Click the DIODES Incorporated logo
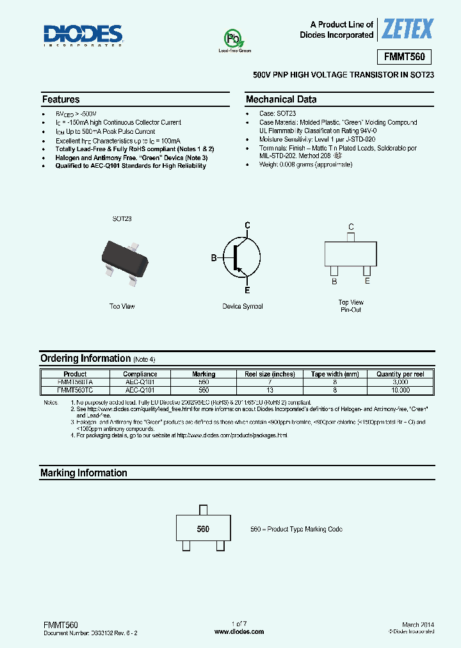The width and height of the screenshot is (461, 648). click(x=83, y=35)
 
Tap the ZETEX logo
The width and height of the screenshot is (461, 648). click(x=407, y=29)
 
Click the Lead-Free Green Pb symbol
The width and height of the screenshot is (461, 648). click(x=235, y=39)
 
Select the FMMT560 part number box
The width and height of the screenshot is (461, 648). click(x=404, y=56)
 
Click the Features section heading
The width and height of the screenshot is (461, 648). click(x=61, y=99)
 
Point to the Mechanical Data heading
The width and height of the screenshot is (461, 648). click(x=281, y=99)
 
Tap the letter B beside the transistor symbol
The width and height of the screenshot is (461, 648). click(x=214, y=258)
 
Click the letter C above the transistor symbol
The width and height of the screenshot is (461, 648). click(x=247, y=225)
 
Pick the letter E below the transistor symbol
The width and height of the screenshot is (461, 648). click(x=247, y=290)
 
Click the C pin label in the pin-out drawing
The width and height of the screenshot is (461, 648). click(x=351, y=227)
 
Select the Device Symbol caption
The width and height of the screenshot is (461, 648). click(x=243, y=307)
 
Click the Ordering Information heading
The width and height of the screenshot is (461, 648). click(x=85, y=359)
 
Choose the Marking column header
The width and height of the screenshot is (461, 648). click(x=204, y=374)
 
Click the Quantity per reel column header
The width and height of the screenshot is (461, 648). click(x=400, y=374)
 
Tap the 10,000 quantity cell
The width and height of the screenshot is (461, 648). click(x=400, y=389)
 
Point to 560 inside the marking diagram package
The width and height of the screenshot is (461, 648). click(x=203, y=530)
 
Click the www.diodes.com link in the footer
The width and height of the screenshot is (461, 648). click(x=239, y=631)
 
